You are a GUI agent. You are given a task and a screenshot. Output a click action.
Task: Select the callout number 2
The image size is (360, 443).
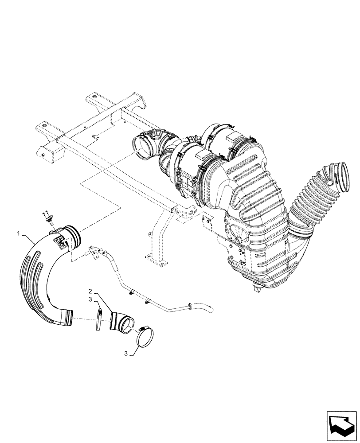tap(90, 291)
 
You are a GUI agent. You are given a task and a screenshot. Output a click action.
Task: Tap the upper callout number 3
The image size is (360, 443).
tap(90, 299)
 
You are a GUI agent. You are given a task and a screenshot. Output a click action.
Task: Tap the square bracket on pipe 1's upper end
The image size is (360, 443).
tap(59, 241)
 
